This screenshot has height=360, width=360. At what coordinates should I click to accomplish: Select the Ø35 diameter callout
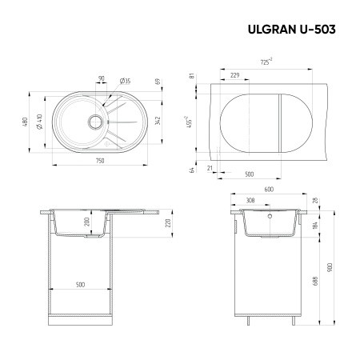tap(126, 80)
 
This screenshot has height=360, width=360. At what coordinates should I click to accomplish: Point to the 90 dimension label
tap(101, 79)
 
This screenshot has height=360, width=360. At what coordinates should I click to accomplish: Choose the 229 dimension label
tap(234, 74)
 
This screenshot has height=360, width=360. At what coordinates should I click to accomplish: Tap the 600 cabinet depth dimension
tap(268, 190)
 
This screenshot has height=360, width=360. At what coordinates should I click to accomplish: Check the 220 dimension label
tap(167, 223)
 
